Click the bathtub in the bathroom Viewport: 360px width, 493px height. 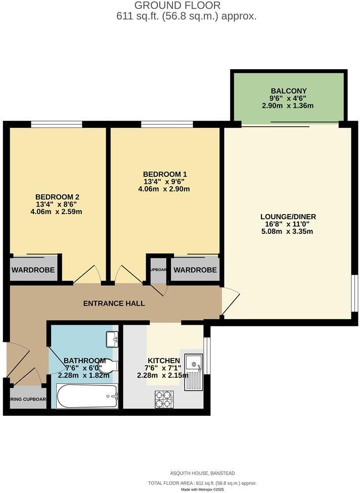click(x=87, y=396)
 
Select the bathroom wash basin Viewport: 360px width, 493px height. click(x=112, y=338)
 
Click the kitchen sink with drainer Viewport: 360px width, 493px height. click(x=193, y=371)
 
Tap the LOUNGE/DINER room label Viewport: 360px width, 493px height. click(x=289, y=217)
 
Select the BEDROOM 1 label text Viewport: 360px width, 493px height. click(x=165, y=174)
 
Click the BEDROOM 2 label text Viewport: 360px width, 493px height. click(x=57, y=197)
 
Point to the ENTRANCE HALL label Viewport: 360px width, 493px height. click(x=114, y=304)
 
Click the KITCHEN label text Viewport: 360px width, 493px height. click(x=164, y=361)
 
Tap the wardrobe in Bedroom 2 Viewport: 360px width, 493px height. click(x=33, y=270)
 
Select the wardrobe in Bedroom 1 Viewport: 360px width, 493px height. click(x=195, y=270)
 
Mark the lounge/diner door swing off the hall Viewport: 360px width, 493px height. click(x=229, y=301)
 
